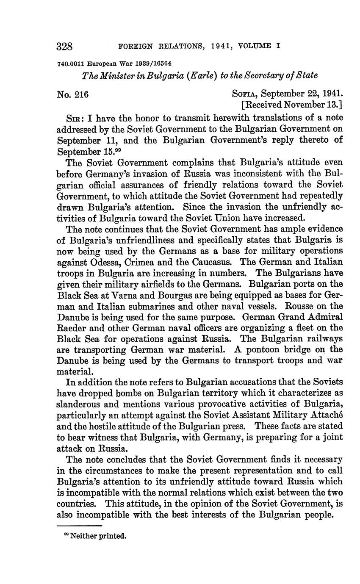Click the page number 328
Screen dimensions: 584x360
65,46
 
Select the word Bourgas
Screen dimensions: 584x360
174,295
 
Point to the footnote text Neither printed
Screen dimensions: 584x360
98,536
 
